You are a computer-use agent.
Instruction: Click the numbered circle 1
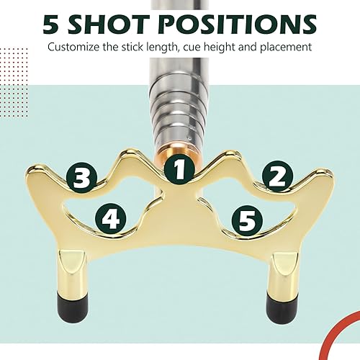[179, 170]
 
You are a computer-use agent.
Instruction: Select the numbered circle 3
[81, 175]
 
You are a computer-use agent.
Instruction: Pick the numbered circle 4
[111, 217]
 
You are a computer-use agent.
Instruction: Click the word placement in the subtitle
[284, 48]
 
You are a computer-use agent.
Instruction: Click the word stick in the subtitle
[140, 48]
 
